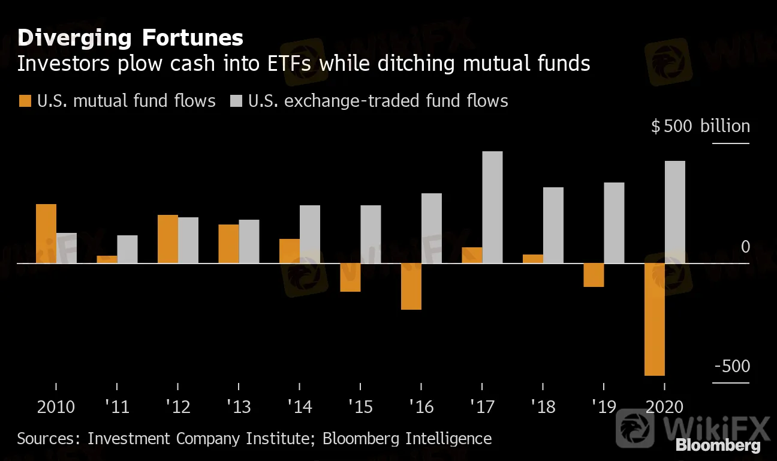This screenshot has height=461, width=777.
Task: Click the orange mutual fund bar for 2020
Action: (655, 319)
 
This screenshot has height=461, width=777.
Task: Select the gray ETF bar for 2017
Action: (492, 207)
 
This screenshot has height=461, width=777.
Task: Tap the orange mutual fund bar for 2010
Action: (46, 234)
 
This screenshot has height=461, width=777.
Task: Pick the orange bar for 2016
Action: (411, 286)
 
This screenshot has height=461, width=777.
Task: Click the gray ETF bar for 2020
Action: (675, 212)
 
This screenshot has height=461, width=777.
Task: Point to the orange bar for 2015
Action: (350, 277)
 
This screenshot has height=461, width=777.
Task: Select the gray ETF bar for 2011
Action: (127, 249)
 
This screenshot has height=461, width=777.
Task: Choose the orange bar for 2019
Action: (594, 275)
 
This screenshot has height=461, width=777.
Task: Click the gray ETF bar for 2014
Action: (310, 234)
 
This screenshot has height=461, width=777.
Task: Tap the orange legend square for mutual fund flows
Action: (25, 101)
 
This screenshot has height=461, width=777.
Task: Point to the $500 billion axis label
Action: (700, 127)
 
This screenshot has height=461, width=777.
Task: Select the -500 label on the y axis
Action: (732, 366)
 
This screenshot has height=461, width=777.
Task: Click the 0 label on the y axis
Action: (745, 247)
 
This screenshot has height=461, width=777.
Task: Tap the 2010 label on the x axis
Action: (56, 407)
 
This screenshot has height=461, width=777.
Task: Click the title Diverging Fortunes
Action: (130, 38)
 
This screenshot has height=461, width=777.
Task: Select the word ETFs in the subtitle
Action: (287, 64)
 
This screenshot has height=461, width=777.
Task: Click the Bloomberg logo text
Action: (718, 446)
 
